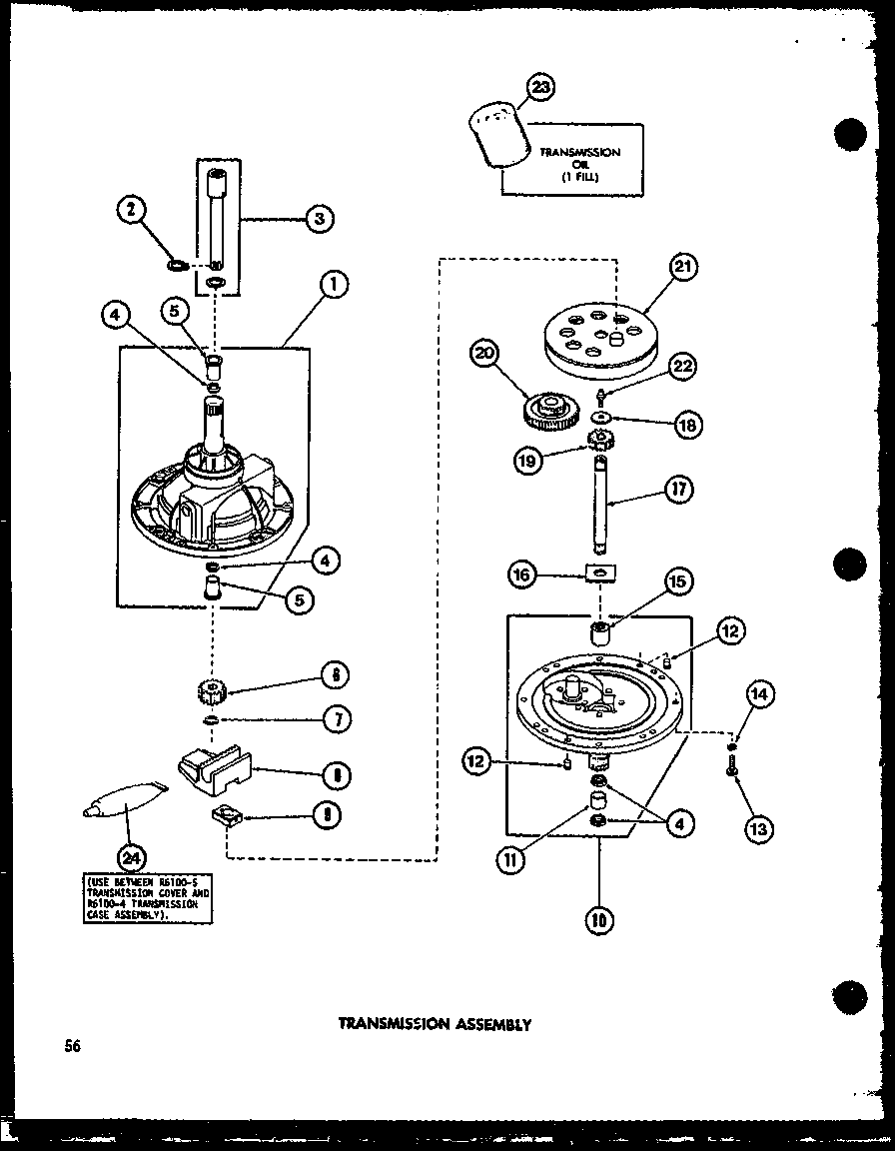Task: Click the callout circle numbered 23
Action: tap(540, 88)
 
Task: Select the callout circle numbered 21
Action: tap(684, 268)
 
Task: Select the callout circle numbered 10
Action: tap(599, 919)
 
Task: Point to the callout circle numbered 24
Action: tap(131, 855)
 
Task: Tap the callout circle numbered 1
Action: tap(335, 287)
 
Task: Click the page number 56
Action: tap(69, 1046)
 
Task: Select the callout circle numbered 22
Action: tap(683, 368)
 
